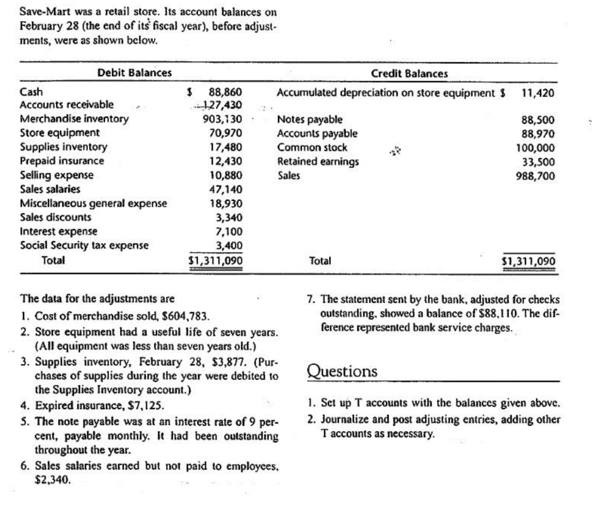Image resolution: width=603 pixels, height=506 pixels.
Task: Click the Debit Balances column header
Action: [134, 73]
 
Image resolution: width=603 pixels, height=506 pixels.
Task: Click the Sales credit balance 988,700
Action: [538, 175]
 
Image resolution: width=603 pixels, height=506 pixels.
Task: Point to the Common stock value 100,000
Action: [538, 148]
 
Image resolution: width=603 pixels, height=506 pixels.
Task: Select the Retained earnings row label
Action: [318, 161]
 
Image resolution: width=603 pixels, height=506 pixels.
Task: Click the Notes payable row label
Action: [310, 120]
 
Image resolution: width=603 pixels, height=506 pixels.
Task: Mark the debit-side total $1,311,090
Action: [214, 260]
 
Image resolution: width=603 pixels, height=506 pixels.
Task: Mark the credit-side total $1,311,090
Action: [528, 260]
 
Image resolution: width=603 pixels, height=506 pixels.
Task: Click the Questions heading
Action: [342, 372]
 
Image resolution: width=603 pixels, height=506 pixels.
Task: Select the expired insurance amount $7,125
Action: [143, 406]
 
